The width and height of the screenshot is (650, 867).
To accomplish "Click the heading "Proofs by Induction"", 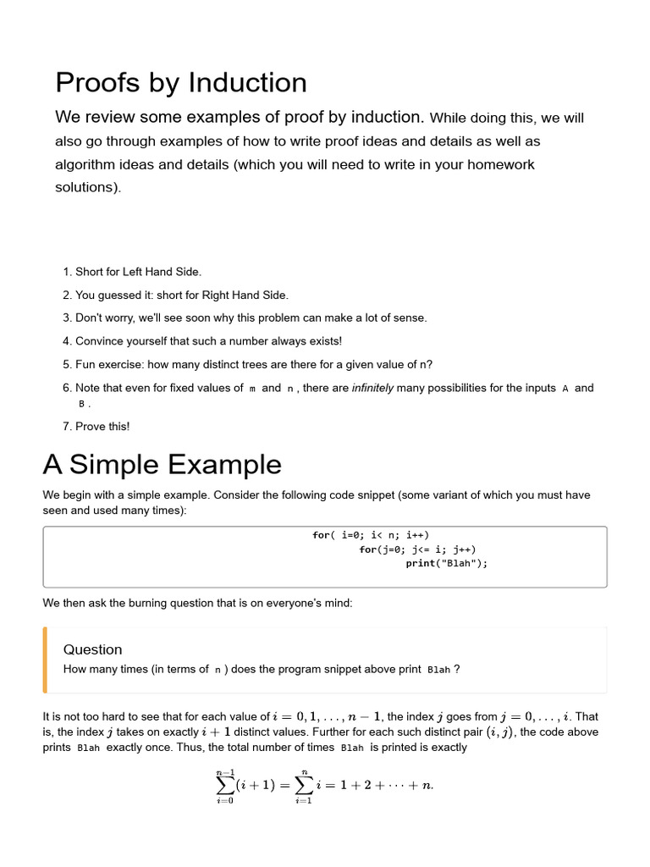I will [x=181, y=83].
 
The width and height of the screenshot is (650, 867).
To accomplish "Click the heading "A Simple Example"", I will [x=162, y=464].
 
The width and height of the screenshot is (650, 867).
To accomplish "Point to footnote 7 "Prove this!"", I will [x=102, y=426].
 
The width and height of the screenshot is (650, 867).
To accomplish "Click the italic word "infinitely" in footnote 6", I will [x=372, y=388].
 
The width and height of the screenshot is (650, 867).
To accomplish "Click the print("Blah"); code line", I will [x=447, y=563].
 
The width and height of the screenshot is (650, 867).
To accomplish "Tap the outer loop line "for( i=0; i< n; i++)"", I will [x=371, y=535].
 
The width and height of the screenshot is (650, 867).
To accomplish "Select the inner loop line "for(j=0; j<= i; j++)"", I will [x=417, y=549].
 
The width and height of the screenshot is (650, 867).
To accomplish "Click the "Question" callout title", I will [x=93, y=649].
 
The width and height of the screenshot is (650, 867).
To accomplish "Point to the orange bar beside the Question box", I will [x=45, y=660].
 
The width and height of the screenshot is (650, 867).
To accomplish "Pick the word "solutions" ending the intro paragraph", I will [x=87, y=187].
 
